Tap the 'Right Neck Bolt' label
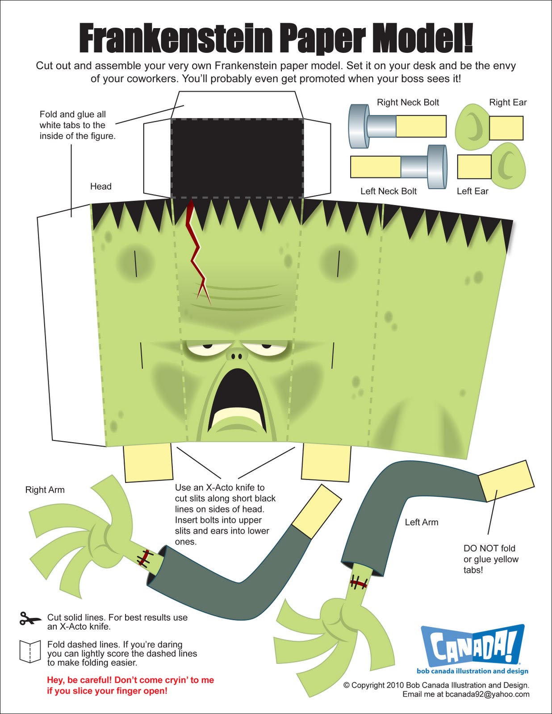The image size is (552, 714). click(x=408, y=102)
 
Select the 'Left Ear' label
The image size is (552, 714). click(x=473, y=191)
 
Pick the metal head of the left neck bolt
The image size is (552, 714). click(x=437, y=166)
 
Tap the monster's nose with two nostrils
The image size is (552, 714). click(x=236, y=355)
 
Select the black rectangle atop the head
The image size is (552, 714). click(x=237, y=158)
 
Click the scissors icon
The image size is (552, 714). click(x=29, y=619)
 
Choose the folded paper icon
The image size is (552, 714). click(x=30, y=652)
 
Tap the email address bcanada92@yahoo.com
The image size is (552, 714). click(x=487, y=694)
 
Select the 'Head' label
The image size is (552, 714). click(x=100, y=187)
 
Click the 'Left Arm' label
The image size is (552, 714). click(x=421, y=522)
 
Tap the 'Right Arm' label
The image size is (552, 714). click(x=45, y=490)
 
